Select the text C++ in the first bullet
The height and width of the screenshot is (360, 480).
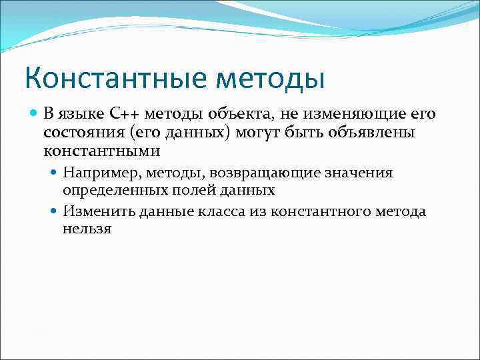click(x=122, y=114)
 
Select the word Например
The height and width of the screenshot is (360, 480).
click(x=98, y=173)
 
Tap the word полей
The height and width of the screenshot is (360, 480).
click(x=184, y=190)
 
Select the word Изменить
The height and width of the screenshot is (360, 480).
click(x=98, y=212)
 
